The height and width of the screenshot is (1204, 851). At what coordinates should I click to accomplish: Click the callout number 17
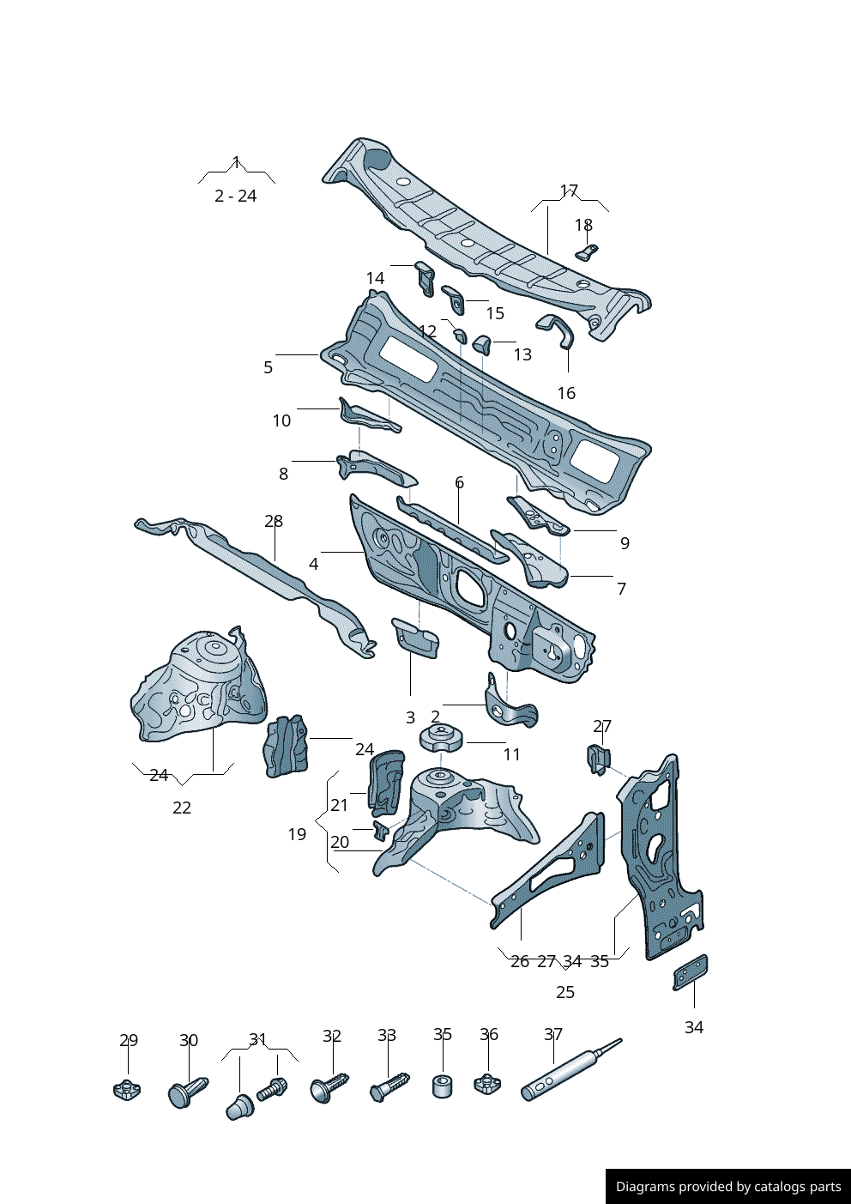coord(569,191)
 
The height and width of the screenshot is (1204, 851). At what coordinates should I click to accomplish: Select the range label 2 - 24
coord(235,196)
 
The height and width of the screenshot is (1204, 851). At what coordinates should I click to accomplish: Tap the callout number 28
coord(274,521)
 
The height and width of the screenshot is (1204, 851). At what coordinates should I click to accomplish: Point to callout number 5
coord(268,367)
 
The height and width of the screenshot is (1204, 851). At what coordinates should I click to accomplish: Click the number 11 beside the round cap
coord(511,754)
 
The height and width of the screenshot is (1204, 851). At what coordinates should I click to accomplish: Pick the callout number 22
coord(182,808)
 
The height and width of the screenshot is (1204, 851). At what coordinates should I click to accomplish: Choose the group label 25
coord(564,992)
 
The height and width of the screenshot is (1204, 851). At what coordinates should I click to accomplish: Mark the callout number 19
coord(297,834)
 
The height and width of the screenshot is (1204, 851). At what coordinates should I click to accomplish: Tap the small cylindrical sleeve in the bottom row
coord(443,1086)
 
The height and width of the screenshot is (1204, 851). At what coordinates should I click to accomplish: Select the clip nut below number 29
coord(127,1090)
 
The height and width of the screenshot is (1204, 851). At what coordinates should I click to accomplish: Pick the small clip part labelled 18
coord(586,251)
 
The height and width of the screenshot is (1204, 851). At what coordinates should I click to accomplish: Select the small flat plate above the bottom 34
coord(691,972)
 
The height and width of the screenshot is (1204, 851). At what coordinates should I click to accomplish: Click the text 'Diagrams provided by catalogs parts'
coord(728,1187)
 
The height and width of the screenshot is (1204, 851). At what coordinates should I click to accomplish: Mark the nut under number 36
coord(487,1083)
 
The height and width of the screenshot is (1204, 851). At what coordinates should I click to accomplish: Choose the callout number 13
coord(522,354)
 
